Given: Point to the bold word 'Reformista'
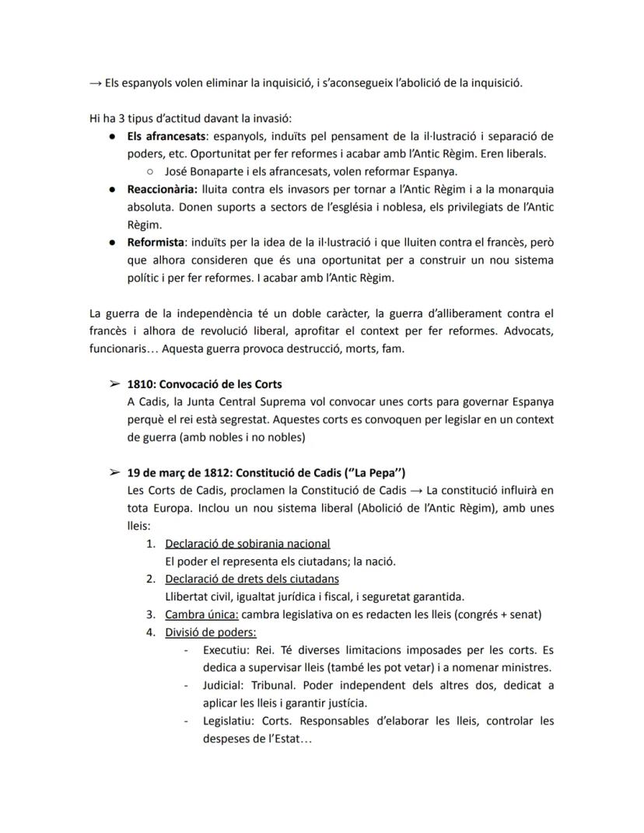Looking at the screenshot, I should coord(156,242).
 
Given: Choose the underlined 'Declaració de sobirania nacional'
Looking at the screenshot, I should coord(247,543).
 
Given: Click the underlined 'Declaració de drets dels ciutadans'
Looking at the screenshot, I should coord(251,579).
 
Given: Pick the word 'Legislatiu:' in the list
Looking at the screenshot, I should coord(226,720).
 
